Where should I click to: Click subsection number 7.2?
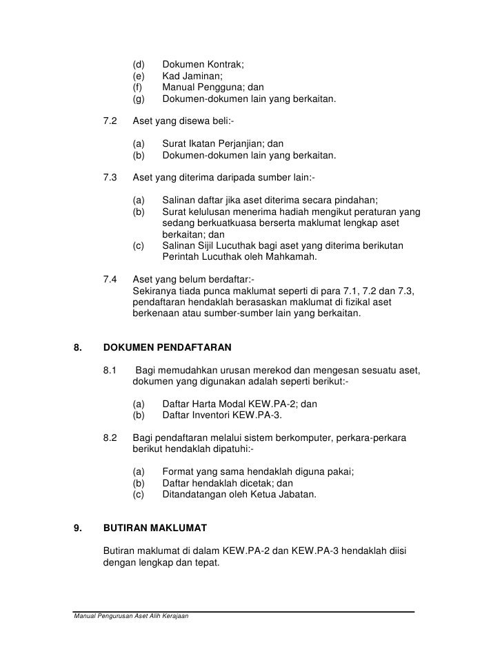tap(110, 121)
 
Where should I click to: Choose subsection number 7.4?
tap(110, 280)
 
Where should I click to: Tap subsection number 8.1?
tap(110, 371)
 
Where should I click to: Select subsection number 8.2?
tap(110, 438)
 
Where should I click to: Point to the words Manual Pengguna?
tap(203, 87)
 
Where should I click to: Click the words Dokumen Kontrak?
tap(201, 65)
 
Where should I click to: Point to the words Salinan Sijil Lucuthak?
tap(213, 246)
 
